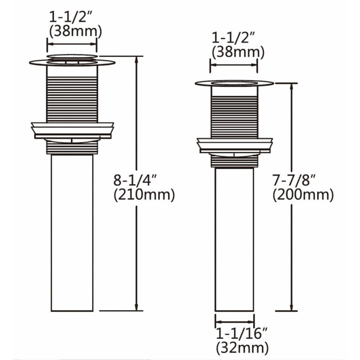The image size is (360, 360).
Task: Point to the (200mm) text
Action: tap(303, 195)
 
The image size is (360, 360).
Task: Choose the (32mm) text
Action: tap(242, 348)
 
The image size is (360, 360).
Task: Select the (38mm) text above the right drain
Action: tap(238, 53)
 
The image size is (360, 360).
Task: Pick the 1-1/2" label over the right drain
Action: tap(234, 37)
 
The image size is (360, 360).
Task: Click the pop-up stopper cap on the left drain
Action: tap(72, 57)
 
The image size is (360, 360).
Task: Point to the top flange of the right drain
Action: tap(234, 84)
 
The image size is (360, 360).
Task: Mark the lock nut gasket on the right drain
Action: tap(235, 144)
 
